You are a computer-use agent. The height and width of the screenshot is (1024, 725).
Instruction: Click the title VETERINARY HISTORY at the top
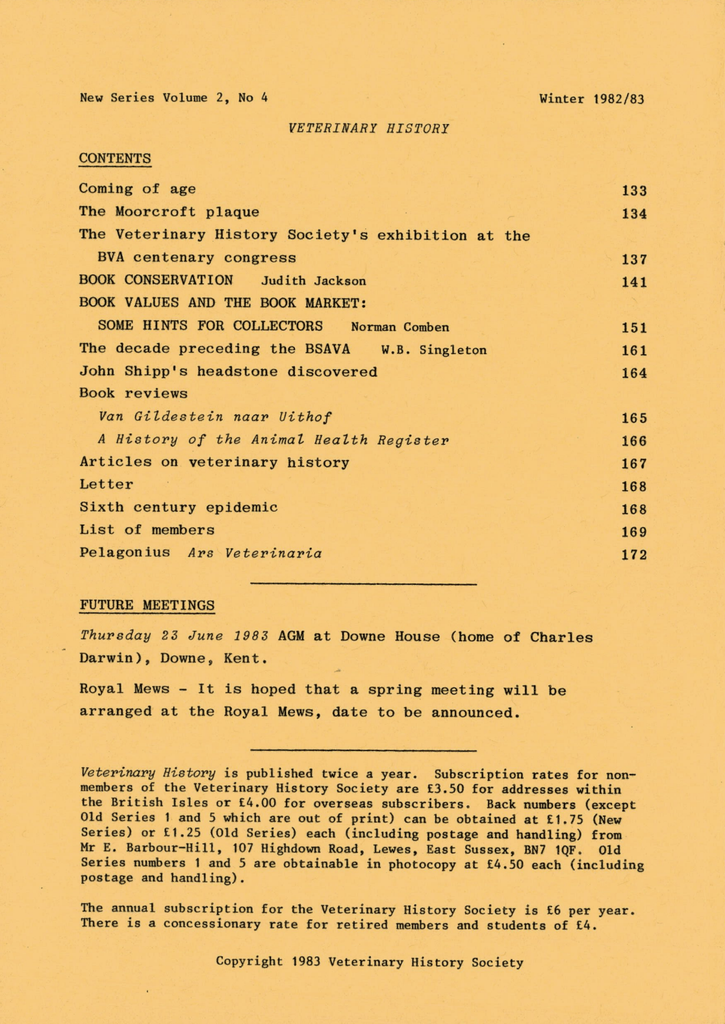[x=368, y=129]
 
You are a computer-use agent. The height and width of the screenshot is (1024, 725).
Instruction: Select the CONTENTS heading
[x=115, y=159]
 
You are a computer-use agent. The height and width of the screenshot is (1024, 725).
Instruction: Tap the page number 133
[x=633, y=191]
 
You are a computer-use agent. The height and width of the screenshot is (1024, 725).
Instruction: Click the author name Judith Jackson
[x=313, y=281]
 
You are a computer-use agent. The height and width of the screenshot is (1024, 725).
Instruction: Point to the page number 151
[x=633, y=328]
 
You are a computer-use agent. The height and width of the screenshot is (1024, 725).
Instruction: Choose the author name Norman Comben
[x=400, y=327]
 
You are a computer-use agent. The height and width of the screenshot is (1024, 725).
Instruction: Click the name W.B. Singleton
[x=433, y=350]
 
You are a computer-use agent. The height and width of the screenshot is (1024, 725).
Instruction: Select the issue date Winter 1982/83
[x=591, y=99]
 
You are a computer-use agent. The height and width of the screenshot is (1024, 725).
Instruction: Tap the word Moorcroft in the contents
[x=155, y=212]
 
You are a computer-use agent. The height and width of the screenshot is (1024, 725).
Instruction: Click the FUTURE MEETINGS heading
[x=147, y=606]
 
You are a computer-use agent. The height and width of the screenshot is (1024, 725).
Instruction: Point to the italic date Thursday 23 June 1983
[x=174, y=636]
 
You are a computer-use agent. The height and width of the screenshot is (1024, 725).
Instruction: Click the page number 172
[x=633, y=556]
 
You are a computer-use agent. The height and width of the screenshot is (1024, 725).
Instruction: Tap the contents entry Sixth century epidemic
[x=179, y=507]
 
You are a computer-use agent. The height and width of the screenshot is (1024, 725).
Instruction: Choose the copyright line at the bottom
[x=369, y=962]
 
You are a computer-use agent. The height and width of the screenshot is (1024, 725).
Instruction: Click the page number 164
[x=633, y=374]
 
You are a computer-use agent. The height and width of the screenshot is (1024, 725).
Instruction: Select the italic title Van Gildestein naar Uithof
[x=215, y=417]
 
